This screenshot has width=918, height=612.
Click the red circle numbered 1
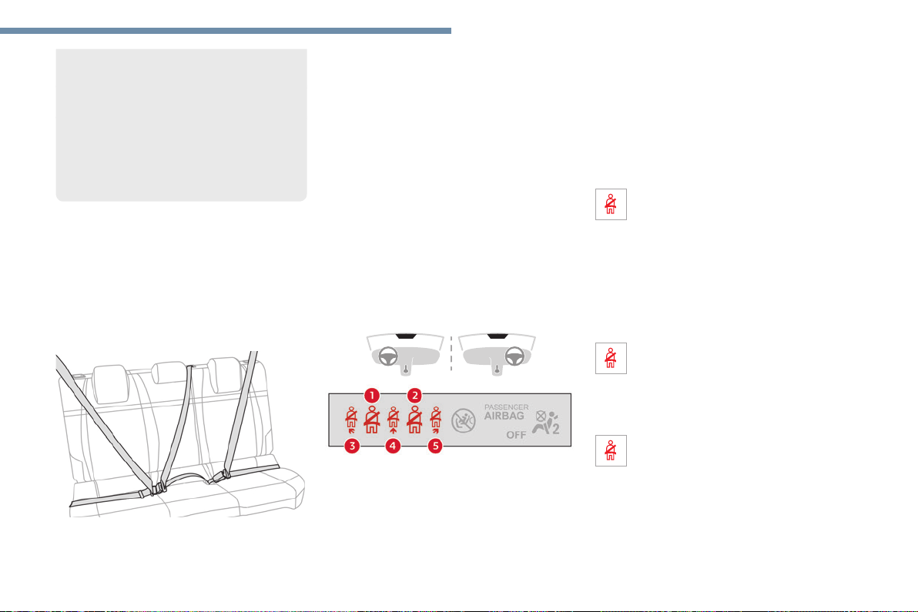coord(371,396)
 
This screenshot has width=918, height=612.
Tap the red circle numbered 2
coord(414,396)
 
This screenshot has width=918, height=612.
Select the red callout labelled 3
coord(352,446)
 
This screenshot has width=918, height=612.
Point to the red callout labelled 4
coord(392,446)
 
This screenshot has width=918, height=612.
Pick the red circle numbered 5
coord(435,446)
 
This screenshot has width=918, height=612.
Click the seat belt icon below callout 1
coord(372,420)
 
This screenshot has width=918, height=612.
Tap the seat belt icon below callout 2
coord(414,420)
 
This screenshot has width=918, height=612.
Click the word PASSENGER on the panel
coord(507,407)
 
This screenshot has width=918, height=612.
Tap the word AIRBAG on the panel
coord(504,416)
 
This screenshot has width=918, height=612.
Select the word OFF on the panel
coord(516,435)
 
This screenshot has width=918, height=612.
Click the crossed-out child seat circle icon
coord(463,420)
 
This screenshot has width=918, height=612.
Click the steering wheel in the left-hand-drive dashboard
coord(388,356)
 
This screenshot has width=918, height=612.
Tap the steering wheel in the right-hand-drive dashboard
coord(514,356)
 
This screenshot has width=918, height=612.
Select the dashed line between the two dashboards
coord(451,353)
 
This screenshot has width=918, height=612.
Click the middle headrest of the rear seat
coord(169,373)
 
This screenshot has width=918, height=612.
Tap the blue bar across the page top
coord(226,31)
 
